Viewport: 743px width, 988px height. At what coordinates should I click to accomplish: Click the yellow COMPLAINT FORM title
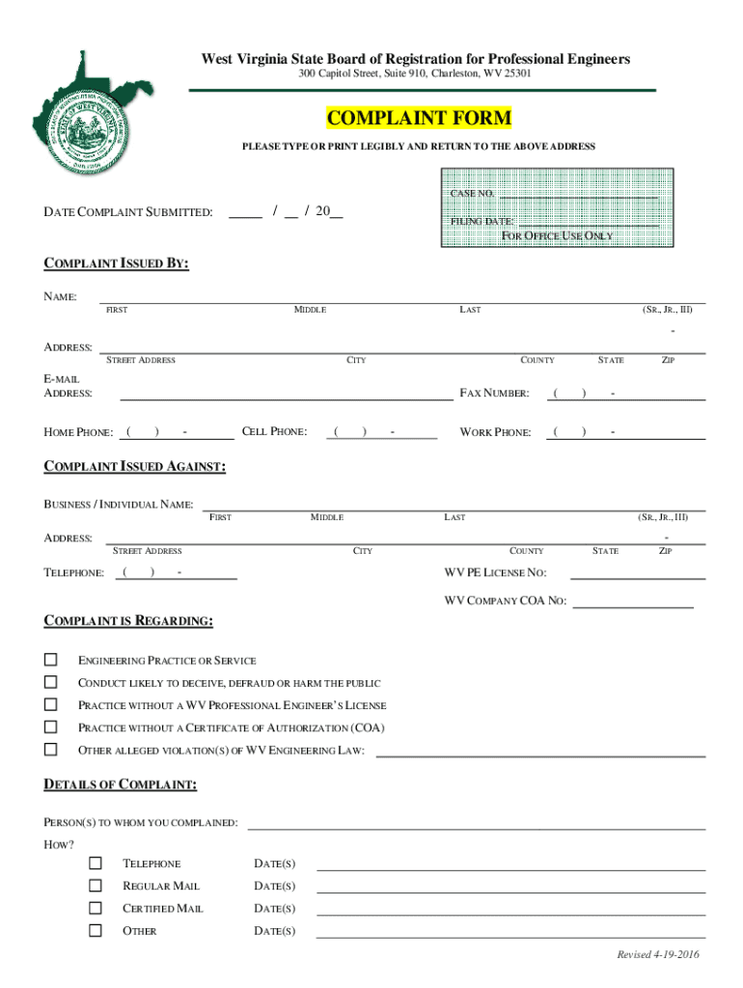click(x=419, y=119)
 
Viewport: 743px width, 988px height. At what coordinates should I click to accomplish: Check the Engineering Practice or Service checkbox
click(x=51, y=660)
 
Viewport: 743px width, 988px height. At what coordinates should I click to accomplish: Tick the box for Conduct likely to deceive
click(x=51, y=682)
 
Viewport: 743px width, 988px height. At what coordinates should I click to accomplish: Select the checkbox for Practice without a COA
click(x=51, y=727)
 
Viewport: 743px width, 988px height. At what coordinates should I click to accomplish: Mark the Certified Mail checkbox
click(x=96, y=908)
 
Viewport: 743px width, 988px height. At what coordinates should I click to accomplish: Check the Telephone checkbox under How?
click(x=96, y=863)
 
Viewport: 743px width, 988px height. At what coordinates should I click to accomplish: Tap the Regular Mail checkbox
click(x=96, y=886)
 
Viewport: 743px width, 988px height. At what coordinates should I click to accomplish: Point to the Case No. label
click(x=472, y=194)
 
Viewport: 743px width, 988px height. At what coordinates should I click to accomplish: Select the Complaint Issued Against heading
click(x=135, y=467)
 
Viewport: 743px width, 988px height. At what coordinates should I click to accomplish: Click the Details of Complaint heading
click(x=121, y=785)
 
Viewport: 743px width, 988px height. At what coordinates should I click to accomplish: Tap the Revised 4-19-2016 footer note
click(x=658, y=955)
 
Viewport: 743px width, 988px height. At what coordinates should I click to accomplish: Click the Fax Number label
click(x=494, y=393)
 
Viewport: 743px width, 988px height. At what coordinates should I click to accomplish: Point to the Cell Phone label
click(x=274, y=431)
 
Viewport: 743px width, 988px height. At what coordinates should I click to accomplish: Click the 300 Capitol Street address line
click(x=415, y=74)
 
